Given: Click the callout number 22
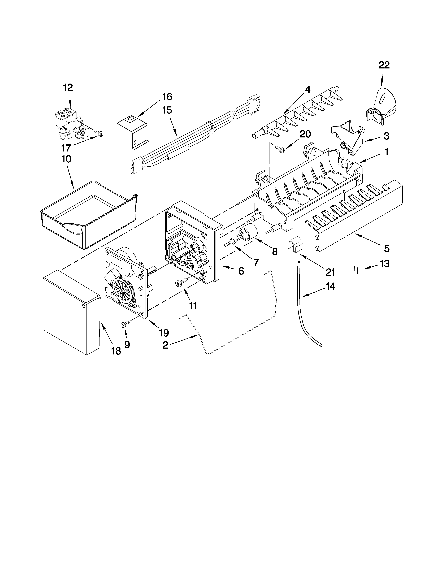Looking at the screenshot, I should tap(384, 65).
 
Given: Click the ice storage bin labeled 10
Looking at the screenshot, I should tap(89, 213).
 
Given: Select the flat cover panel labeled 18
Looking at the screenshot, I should tap(71, 312).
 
